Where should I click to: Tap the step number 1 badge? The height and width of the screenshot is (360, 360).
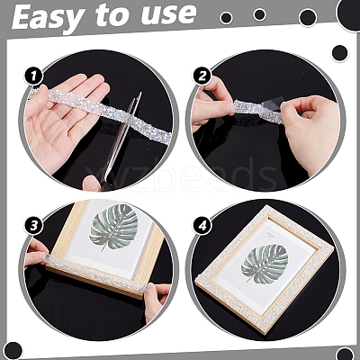[x=33, y=76]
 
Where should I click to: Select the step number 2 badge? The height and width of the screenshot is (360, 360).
[x=202, y=76]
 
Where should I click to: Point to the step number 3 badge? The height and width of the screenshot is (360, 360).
[x=33, y=226]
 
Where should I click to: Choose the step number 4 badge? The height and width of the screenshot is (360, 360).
[x=202, y=226]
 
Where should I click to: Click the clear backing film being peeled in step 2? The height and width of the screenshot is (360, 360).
[x=271, y=106]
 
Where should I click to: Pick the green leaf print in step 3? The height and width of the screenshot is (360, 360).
[x=114, y=228]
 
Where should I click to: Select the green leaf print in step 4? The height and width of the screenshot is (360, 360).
[x=265, y=264]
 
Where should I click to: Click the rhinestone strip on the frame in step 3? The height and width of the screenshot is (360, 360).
[x=96, y=274]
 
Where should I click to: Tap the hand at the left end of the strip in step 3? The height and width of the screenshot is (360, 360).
[x=36, y=254]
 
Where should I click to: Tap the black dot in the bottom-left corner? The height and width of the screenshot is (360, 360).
[x=13, y=350]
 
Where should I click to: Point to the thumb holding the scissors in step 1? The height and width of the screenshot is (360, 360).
[x=92, y=184]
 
